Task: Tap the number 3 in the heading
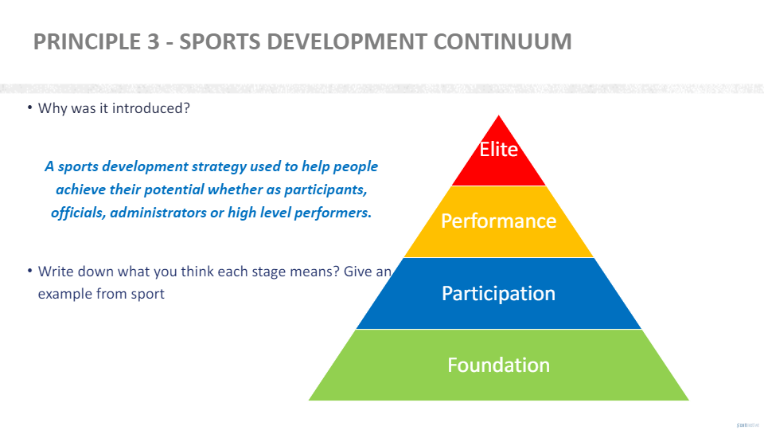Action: coord(153,41)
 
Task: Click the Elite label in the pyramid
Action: coord(499,149)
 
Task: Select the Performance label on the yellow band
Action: coord(499,221)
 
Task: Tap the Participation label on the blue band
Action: coord(499,293)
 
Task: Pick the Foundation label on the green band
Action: coord(499,365)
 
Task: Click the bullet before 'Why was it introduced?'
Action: coord(29,108)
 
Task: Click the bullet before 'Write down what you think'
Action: coord(29,272)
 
